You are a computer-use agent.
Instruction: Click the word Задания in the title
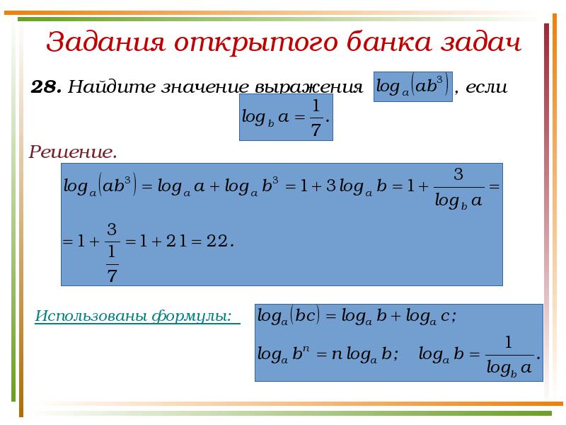click(100, 42)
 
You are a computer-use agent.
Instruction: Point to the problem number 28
click(45, 88)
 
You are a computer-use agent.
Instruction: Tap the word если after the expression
click(487, 88)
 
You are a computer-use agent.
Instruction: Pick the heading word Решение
click(72, 152)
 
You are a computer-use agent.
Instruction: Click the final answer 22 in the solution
click(217, 242)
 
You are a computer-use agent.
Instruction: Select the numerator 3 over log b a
click(458, 174)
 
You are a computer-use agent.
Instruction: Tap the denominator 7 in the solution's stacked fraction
click(111, 274)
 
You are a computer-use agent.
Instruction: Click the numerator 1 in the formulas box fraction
click(508, 341)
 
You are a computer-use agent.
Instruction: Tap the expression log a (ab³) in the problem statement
click(412, 86)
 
